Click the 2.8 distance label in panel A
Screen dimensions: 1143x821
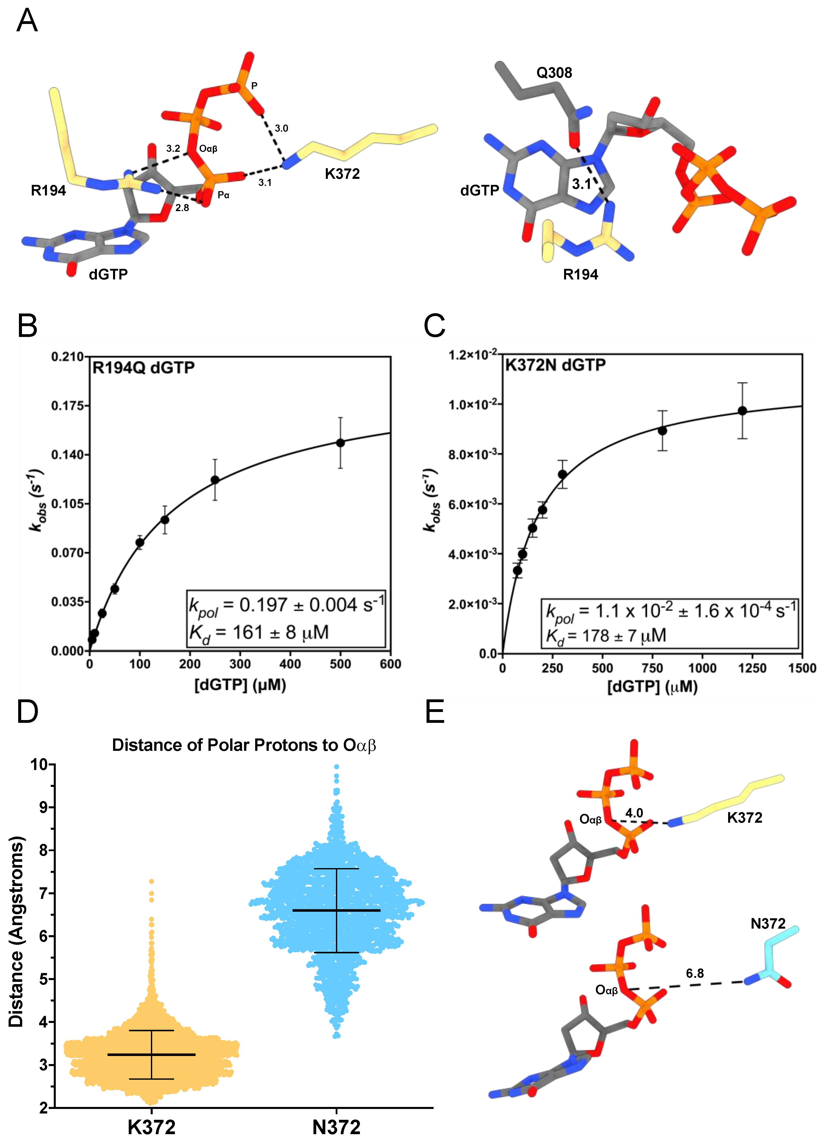(182, 208)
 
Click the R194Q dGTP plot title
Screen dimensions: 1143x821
(143, 368)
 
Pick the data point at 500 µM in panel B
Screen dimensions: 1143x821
(340, 443)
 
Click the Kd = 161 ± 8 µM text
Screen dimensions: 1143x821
(259, 633)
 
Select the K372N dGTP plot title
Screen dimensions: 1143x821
(555, 365)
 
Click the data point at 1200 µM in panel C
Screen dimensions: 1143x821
(742, 411)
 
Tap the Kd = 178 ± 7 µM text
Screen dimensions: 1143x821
(606, 636)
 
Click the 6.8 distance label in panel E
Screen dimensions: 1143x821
(694, 973)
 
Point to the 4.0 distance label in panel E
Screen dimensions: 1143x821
(634, 813)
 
